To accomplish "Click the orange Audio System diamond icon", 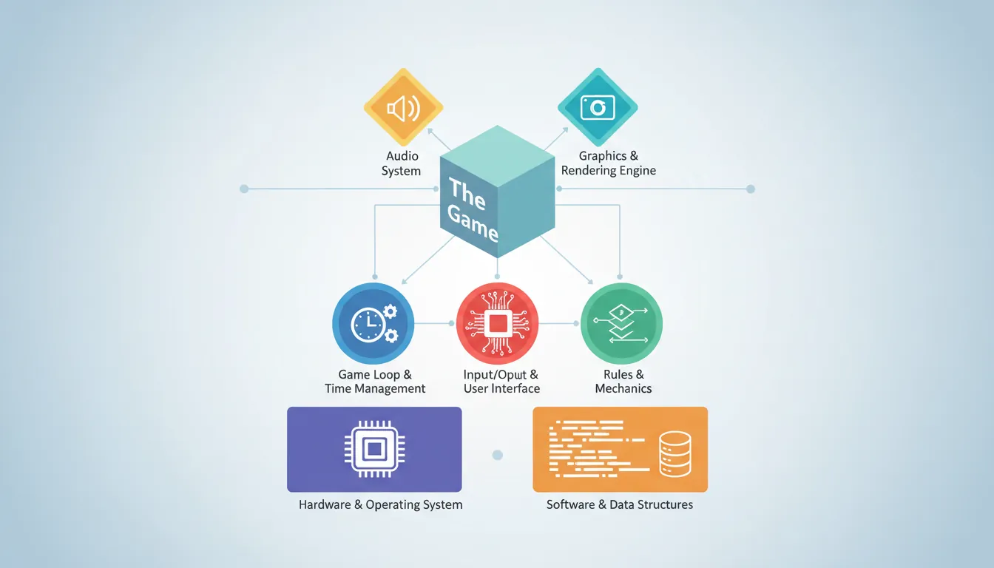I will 403,109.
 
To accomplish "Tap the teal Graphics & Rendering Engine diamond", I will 597,108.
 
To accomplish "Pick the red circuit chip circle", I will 497,324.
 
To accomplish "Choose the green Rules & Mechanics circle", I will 621,324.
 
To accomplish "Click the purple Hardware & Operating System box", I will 374,449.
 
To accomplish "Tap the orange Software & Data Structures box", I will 620,449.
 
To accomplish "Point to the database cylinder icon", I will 674,454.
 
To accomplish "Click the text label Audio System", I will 402,163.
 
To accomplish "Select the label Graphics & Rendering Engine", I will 608,163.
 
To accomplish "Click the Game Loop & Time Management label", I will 375,382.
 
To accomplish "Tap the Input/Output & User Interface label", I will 501,382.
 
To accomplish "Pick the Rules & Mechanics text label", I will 623,382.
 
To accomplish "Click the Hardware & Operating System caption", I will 380,505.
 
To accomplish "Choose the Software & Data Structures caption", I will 620,505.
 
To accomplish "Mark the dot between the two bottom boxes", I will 497,455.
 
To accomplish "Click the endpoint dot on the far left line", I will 244,189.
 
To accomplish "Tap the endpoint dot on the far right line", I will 751,189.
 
